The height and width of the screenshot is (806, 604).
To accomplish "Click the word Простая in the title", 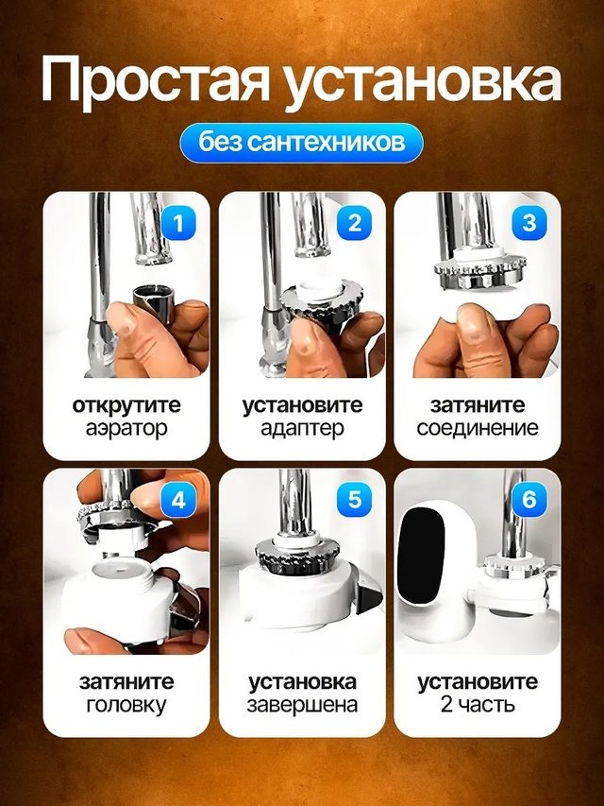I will [154, 82].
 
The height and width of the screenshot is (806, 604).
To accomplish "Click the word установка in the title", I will [422, 82].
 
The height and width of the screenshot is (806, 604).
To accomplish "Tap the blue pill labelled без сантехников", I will [301, 143].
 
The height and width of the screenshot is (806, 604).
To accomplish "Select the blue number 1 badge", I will [179, 224].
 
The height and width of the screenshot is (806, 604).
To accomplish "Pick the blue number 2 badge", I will [354, 224].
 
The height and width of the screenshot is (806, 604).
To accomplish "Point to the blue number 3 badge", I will [528, 224].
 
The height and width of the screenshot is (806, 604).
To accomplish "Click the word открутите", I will [126, 405].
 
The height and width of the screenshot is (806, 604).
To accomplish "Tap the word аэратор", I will [126, 428].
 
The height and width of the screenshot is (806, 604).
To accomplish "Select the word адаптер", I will [302, 428].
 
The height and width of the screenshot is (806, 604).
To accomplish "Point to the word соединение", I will [477, 428].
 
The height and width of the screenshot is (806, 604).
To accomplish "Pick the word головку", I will [126, 705].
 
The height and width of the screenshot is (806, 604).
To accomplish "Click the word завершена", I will [302, 705].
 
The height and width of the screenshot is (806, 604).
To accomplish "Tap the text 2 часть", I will [477, 705].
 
